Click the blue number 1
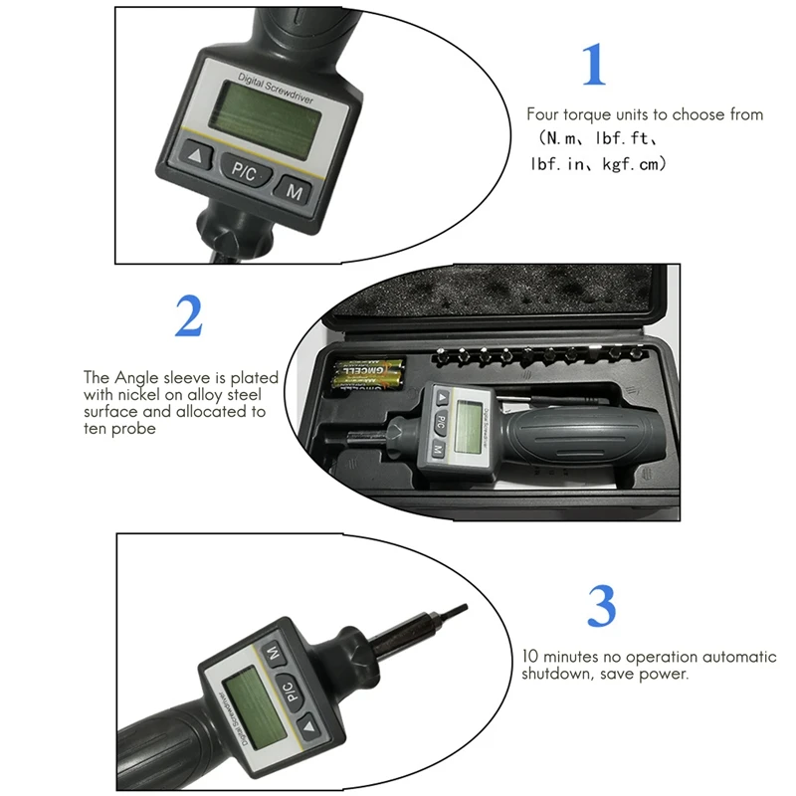pos(593,65)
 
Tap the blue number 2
pos(189,315)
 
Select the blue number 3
pos(602,606)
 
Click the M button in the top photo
pos(294,190)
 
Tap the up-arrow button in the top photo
pos(195,156)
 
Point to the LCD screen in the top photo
pos(266,119)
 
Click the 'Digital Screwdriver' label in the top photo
pos(276,88)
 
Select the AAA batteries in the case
pos(368,374)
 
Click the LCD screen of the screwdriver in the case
pos(468,427)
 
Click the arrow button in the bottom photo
pos(308,727)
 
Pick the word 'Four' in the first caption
pos(542,114)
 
